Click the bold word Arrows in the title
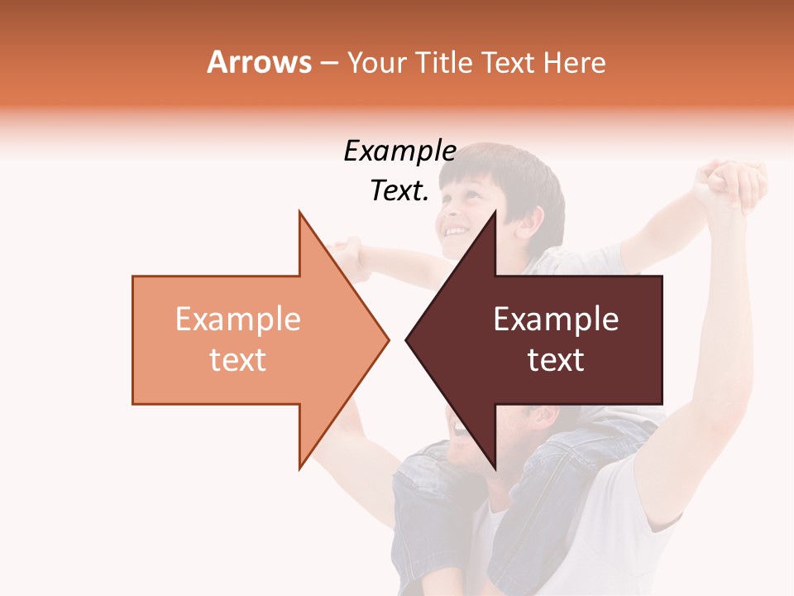click(x=259, y=62)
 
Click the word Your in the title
click(x=376, y=63)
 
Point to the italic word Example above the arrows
click(x=399, y=151)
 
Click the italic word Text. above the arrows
click(x=399, y=191)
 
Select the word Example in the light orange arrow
click(x=237, y=320)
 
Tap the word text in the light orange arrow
click(x=237, y=359)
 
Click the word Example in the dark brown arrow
click(x=556, y=320)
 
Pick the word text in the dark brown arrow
click(x=556, y=359)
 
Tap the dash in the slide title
click(x=328, y=64)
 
